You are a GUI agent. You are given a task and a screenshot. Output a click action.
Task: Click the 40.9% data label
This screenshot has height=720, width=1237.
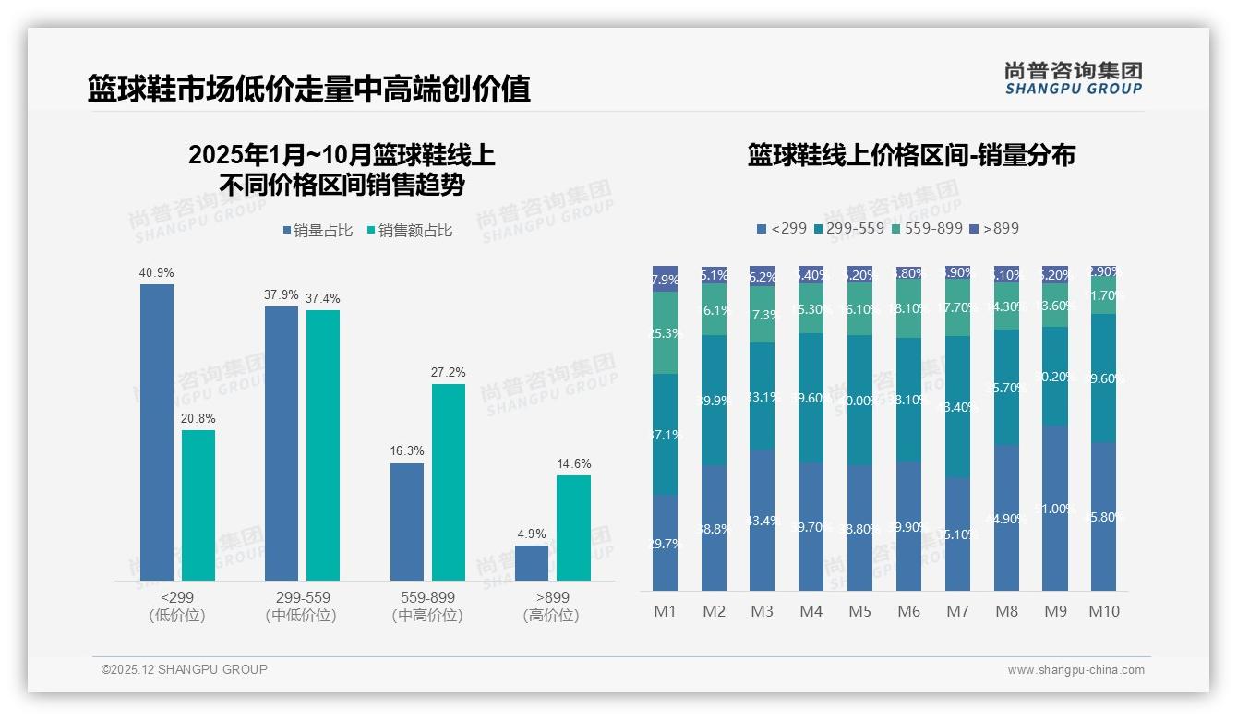[x=156, y=273]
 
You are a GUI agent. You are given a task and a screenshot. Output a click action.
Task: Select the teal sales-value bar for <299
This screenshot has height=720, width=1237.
[x=198, y=505]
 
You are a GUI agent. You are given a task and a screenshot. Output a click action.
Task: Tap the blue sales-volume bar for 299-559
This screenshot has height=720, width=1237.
[x=281, y=443]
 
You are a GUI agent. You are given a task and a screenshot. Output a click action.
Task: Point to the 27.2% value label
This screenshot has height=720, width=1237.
[x=448, y=373]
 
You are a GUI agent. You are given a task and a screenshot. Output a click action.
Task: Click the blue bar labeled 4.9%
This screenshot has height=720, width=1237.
[x=531, y=563]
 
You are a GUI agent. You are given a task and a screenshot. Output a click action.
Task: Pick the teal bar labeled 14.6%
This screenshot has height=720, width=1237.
[x=573, y=528]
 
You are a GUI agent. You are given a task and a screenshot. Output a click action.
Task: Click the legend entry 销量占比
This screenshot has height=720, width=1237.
[x=318, y=231]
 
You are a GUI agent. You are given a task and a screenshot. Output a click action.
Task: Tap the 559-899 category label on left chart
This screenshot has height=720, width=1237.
[x=427, y=598]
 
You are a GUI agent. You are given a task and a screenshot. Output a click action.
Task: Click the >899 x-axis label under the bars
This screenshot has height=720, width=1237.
[x=551, y=598]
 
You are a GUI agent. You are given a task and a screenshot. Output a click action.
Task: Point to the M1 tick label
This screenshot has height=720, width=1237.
[x=665, y=611]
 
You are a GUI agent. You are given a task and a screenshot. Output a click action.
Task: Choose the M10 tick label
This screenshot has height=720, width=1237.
[x=1103, y=611]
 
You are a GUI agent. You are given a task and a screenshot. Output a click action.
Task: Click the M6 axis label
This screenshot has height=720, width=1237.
[x=908, y=611]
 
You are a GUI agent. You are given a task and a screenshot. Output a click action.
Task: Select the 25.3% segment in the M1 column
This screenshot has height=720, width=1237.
[x=665, y=332]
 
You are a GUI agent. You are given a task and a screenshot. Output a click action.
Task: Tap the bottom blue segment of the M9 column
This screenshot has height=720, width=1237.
[x=1055, y=508]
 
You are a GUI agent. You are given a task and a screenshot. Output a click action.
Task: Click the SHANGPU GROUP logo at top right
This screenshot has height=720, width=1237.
[x=1074, y=78]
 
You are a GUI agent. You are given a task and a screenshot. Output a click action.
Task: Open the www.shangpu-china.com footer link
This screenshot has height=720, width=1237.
[x=1075, y=670]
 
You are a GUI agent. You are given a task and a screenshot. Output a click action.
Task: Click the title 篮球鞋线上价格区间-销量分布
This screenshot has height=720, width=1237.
[x=911, y=155]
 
